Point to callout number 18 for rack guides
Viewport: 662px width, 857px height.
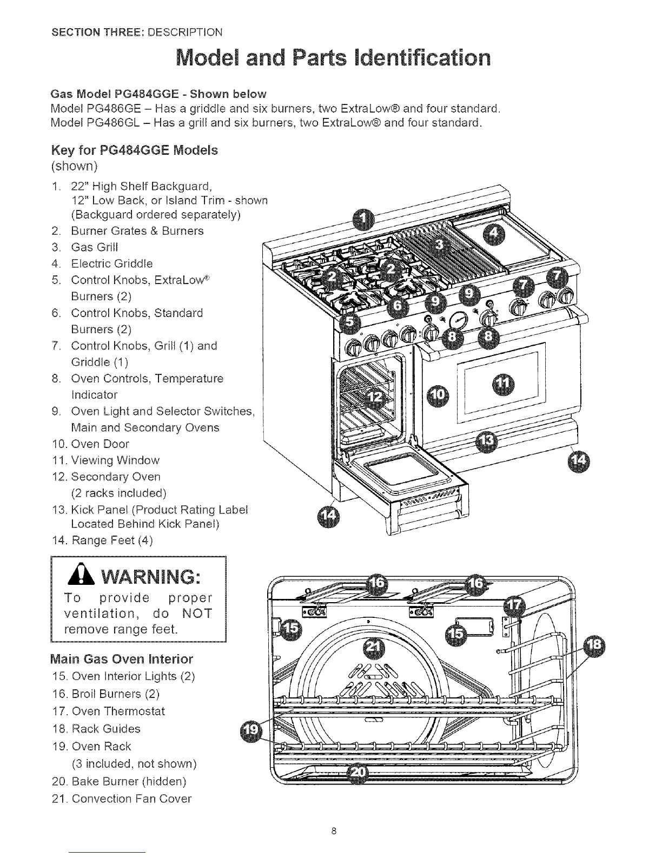pos(596,646)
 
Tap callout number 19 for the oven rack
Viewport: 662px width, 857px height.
pos(250,730)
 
